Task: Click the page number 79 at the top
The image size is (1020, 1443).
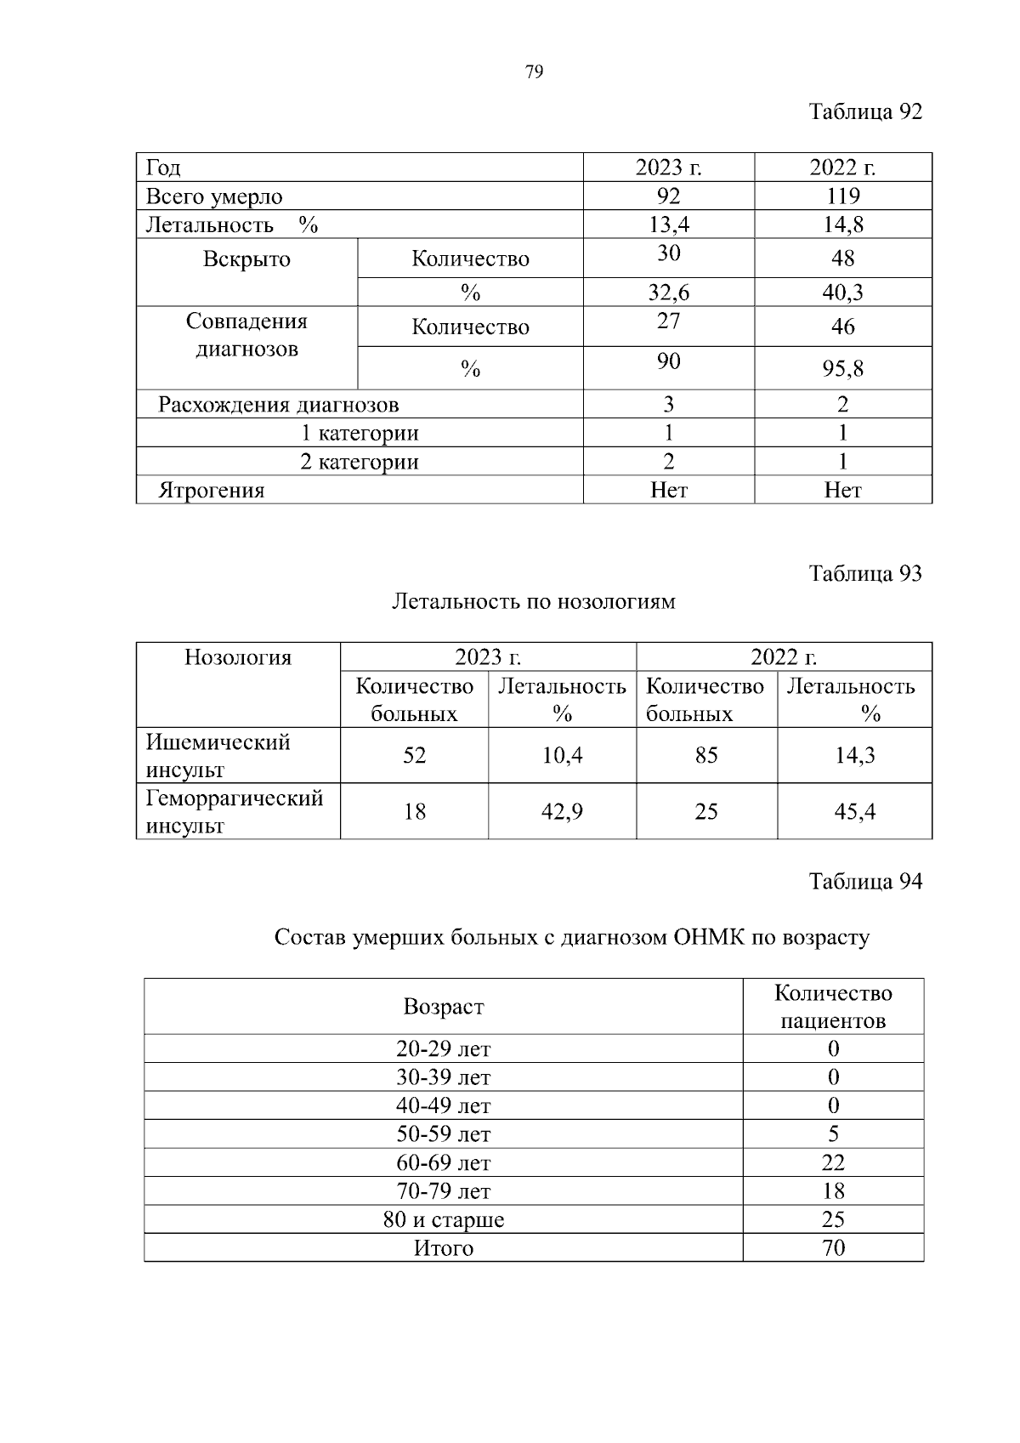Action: pyautogui.click(x=534, y=72)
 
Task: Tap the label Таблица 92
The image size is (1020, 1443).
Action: pyautogui.click(x=864, y=112)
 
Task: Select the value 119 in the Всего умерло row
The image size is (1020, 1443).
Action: pyautogui.click(x=842, y=196)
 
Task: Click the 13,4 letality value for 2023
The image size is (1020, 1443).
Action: pyautogui.click(x=668, y=224)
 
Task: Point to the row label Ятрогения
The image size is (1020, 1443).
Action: pyautogui.click(x=212, y=491)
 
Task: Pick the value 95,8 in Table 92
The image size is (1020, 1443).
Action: pyautogui.click(x=842, y=369)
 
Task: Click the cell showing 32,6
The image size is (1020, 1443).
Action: pyautogui.click(x=668, y=293)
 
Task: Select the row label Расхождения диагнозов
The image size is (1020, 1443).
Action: pyautogui.click(x=278, y=405)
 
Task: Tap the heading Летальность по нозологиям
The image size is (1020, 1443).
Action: pyautogui.click(x=533, y=602)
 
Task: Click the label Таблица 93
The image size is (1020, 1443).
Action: pyautogui.click(x=864, y=574)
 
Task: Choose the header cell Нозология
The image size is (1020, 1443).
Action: pyautogui.click(x=238, y=657)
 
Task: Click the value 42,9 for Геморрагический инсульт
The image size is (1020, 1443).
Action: pyautogui.click(x=562, y=812)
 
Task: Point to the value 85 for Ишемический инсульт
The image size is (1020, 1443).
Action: pyautogui.click(x=705, y=755)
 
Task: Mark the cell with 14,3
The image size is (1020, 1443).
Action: pyautogui.click(x=854, y=755)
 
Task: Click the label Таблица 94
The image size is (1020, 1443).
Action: pyautogui.click(x=864, y=882)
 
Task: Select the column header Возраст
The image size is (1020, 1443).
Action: pyautogui.click(x=443, y=1008)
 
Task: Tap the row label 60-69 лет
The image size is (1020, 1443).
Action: pyautogui.click(x=443, y=1163)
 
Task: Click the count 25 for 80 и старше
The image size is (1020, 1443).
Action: pyautogui.click(x=833, y=1220)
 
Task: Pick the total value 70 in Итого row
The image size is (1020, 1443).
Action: pyautogui.click(x=833, y=1248)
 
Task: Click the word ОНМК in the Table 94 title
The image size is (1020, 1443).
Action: pyautogui.click(x=709, y=938)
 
